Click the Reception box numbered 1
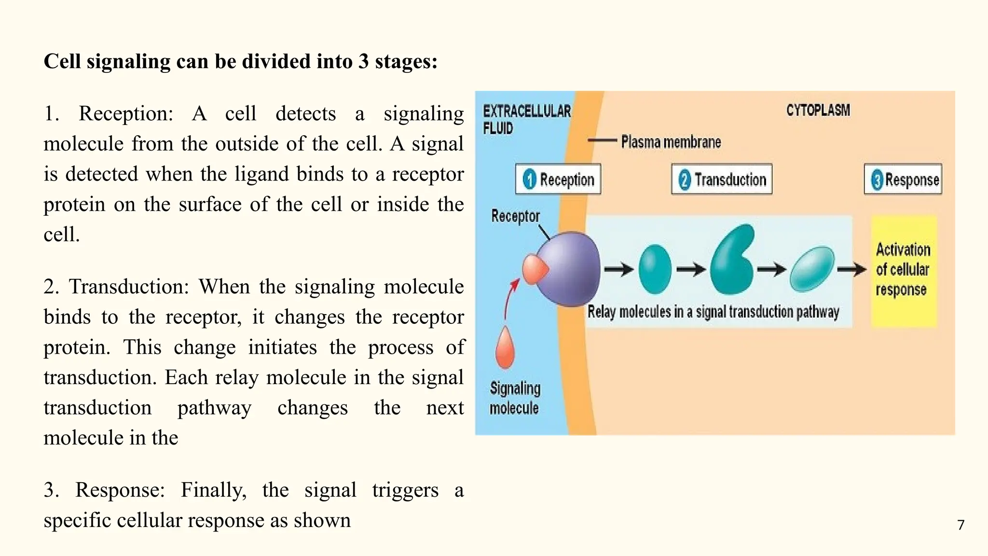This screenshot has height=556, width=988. (x=558, y=179)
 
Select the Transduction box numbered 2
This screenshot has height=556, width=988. (x=722, y=179)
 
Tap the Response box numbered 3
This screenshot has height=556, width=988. (x=903, y=179)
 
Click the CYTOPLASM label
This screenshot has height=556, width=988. (x=818, y=111)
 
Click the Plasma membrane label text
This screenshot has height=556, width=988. (x=671, y=142)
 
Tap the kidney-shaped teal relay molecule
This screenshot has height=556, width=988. (x=732, y=261)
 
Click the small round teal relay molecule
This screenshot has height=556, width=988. (x=655, y=269)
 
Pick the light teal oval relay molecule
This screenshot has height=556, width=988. (x=812, y=269)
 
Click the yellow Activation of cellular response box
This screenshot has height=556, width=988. (x=904, y=270)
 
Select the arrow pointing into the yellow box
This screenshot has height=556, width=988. (x=852, y=269)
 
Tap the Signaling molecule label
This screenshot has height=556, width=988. (x=515, y=398)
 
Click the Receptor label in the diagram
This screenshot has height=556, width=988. (x=515, y=216)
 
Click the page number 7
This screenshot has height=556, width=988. (x=961, y=525)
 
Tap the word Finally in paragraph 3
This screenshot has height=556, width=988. (x=214, y=490)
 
